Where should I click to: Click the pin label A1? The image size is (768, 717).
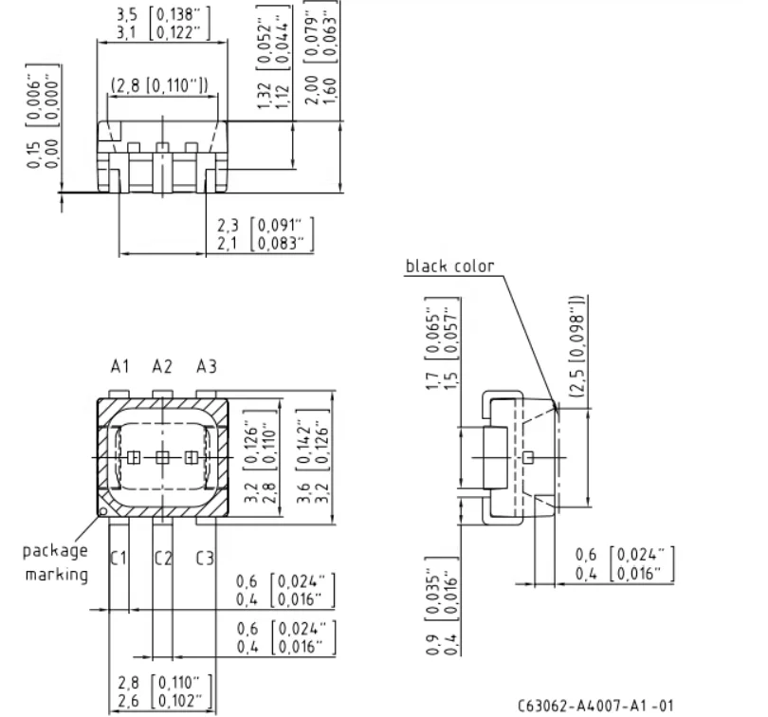click(120, 366)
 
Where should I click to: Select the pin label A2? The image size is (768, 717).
click(162, 366)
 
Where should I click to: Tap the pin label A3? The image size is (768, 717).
click(206, 366)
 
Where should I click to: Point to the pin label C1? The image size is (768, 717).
click(118, 558)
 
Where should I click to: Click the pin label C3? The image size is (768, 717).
click(205, 558)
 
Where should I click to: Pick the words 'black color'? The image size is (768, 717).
click(449, 267)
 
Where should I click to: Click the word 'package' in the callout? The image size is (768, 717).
click(55, 551)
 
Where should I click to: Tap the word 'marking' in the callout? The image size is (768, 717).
click(57, 574)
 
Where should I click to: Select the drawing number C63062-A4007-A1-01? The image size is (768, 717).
click(595, 706)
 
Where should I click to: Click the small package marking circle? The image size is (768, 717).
click(103, 511)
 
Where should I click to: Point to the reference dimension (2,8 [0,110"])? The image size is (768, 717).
click(159, 85)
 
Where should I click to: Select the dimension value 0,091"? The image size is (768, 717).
click(280, 225)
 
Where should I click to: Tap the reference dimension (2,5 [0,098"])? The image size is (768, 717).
click(578, 346)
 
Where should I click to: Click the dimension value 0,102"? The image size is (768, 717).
click(179, 701)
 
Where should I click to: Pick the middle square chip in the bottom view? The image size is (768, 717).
click(162, 458)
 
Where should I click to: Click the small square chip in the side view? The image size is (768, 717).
click(528, 458)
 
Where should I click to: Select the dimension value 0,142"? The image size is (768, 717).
click(304, 442)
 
